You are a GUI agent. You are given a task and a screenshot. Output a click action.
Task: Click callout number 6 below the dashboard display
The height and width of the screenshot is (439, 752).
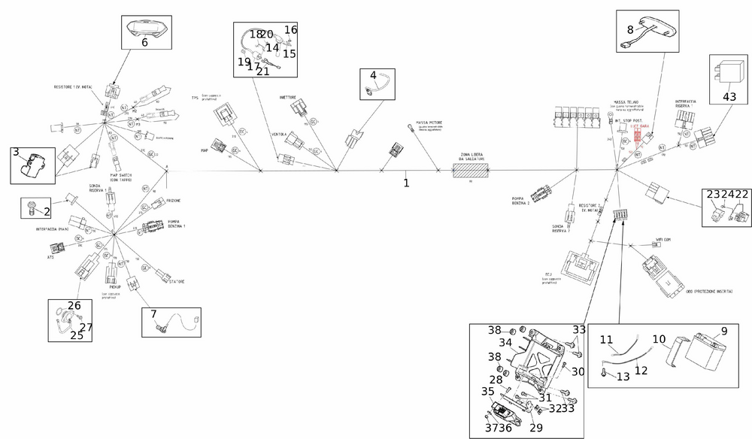point(144,42)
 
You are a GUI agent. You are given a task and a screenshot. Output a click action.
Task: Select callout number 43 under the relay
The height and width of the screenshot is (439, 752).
point(730,97)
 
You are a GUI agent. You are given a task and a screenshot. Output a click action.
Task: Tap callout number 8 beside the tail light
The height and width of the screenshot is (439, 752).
point(631,31)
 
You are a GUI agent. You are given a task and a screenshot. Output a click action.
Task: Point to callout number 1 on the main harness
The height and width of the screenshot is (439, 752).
point(406,182)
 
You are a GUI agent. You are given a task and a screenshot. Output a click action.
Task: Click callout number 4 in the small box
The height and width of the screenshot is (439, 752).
point(372,75)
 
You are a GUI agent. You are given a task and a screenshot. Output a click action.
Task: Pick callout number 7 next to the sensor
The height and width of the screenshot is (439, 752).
point(153,313)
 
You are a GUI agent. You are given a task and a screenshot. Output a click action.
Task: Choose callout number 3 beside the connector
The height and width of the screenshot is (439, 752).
point(16,153)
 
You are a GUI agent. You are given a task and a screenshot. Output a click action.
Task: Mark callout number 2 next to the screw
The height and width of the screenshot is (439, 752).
point(47,212)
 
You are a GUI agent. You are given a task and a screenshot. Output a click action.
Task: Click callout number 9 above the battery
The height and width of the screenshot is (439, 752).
point(724,330)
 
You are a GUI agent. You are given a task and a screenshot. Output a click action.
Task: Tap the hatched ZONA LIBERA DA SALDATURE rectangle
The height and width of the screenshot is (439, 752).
point(472,171)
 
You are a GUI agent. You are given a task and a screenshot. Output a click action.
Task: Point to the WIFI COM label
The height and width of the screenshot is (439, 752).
point(663,240)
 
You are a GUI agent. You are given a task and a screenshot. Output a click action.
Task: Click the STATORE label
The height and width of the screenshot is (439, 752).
point(177,282)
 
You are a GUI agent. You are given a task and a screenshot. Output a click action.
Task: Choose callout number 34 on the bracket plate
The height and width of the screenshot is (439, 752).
point(505,343)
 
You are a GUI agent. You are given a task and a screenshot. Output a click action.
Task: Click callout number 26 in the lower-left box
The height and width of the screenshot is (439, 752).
point(74,306)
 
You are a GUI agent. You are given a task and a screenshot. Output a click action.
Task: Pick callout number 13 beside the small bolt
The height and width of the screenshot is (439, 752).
point(623,377)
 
